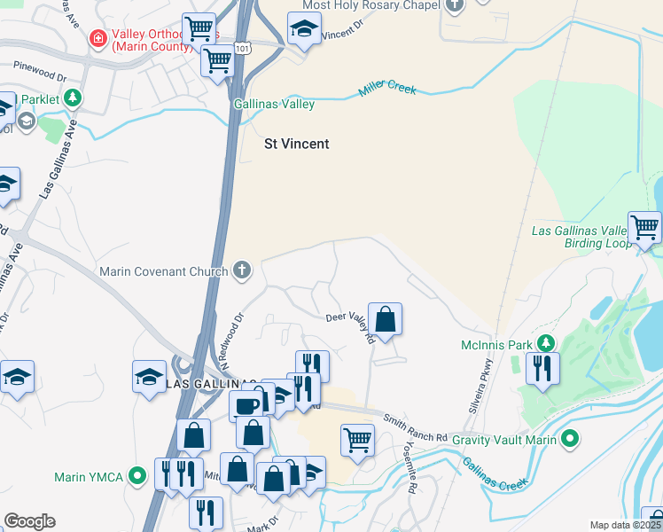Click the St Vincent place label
coord(297,144)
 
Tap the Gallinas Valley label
coord(274,105)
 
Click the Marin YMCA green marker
coord(136,477)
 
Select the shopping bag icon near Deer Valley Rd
coord(386,318)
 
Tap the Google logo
coord(29,521)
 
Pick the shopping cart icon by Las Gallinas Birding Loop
coord(644,227)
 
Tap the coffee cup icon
coord(246,406)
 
